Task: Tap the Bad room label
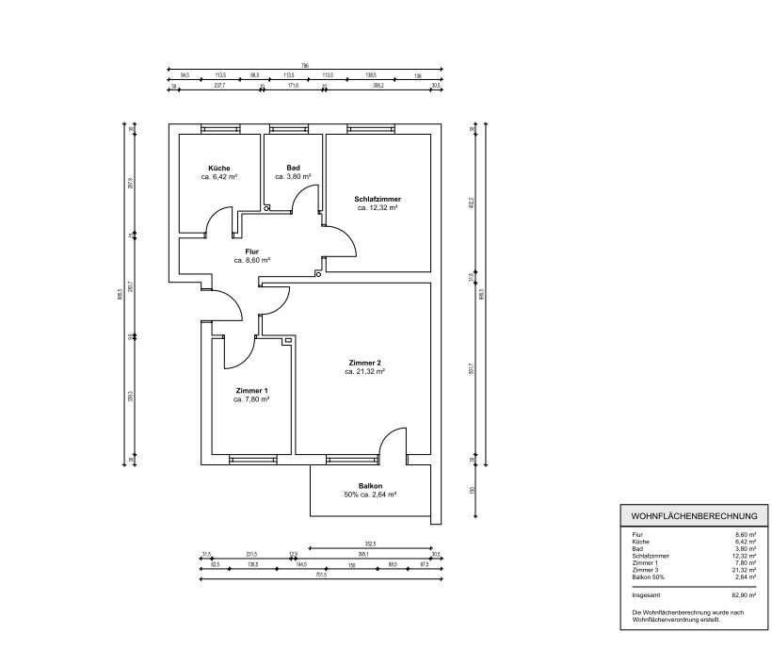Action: tap(293, 169)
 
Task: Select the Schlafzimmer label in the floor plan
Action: tap(378, 200)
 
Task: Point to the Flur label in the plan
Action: tap(251, 251)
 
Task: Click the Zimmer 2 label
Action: tap(364, 364)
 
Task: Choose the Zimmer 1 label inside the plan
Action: tap(251, 391)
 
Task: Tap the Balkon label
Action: tap(369, 485)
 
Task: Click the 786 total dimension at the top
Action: tap(304, 66)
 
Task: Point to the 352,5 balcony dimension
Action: tap(370, 544)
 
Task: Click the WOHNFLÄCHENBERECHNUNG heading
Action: tap(695, 516)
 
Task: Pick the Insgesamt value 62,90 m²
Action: tap(743, 595)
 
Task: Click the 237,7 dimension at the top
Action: tap(219, 85)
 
